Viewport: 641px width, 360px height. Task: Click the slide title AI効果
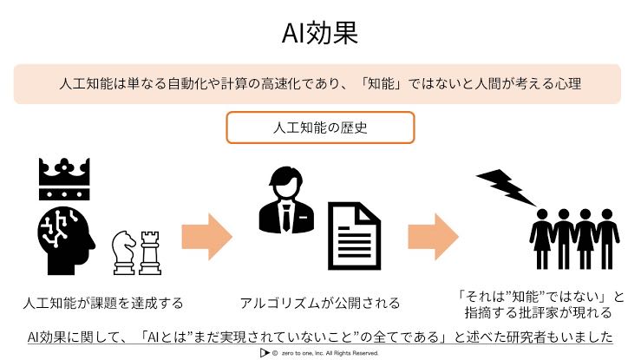[x=320, y=33]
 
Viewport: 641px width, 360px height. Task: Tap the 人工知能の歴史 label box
[x=320, y=127]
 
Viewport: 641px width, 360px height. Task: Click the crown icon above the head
[x=65, y=180]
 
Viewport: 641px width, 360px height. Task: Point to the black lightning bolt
[x=505, y=186]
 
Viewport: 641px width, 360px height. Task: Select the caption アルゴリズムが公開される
[x=319, y=303]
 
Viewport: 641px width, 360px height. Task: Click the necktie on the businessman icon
[x=286, y=219]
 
